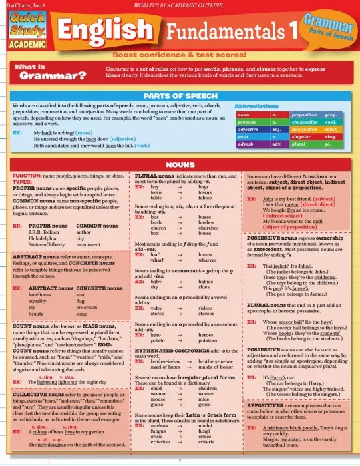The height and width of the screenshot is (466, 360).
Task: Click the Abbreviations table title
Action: tap(260, 106)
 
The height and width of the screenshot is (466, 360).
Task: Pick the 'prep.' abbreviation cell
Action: tap(333, 115)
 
